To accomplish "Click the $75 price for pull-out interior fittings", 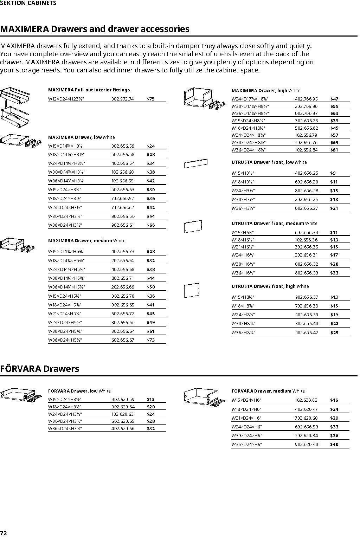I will pyautogui.click(x=150, y=99).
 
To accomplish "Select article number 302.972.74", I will pyautogui.click(x=122, y=99).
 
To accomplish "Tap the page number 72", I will pyautogui.click(x=4, y=533).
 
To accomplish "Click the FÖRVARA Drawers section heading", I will pyautogui.click(x=39, y=369).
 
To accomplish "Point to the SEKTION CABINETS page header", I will pyautogui.click(x=28, y=3).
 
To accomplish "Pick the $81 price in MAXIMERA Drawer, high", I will pyautogui.click(x=334, y=150).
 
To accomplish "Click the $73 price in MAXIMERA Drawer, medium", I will pyautogui.click(x=150, y=340).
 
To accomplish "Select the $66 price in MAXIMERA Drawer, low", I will pyautogui.click(x=150, y=225).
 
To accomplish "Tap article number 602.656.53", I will pyautogui.click(x=306, y=427).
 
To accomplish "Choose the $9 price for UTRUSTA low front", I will pyautogui.click(x=333, y=173).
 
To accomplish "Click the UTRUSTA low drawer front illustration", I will pyautogui.click(x=195, y=163).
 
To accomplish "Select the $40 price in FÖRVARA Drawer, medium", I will pyautogui.click(x=334, y=445).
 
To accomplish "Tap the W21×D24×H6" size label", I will pyautogui.click(x=246, y=418).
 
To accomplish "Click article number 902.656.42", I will pyautogui.click(x=307, y=332).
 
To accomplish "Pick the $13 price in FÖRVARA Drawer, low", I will pyautogui.click(x=150, y=400).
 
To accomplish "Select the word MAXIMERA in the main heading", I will pyautogui.click(x=24, y=29).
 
